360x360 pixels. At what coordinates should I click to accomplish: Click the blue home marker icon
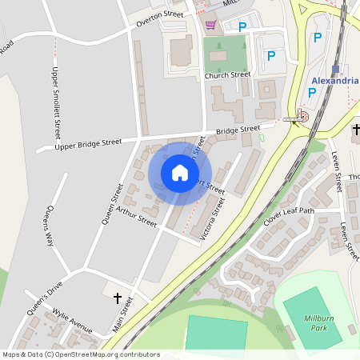[179, 172]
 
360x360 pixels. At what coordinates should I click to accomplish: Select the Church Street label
[227, 75]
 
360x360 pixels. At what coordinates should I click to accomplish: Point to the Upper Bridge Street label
[88, 144]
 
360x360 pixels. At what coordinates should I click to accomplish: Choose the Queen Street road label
[112, 203]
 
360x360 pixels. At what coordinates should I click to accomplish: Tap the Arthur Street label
[136, 215]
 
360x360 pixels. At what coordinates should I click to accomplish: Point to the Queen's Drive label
[43, 298]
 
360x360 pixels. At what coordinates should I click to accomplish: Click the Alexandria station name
[334, 82]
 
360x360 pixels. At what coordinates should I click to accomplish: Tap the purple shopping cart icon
[210, 25]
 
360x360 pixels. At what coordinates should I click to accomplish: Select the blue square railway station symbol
[336, 70]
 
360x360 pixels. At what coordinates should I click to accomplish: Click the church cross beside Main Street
[118, 298]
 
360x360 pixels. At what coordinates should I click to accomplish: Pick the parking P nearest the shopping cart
[242, 26]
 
